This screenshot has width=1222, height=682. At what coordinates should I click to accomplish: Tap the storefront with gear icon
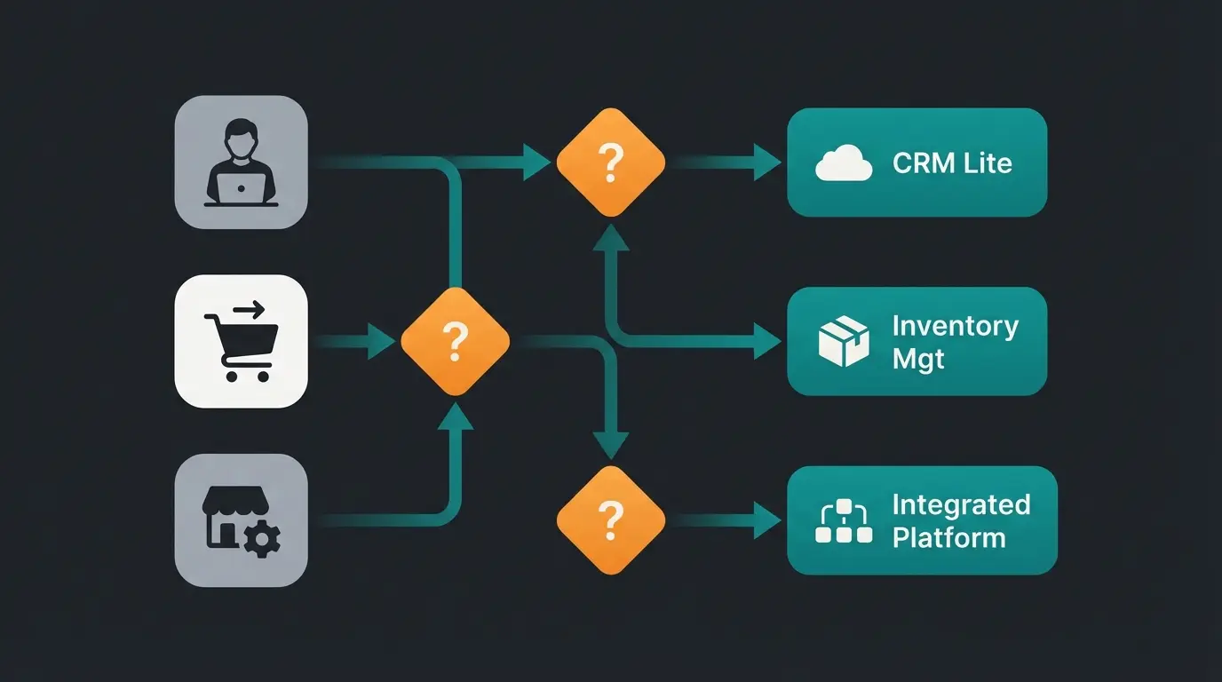[x=241, y=521]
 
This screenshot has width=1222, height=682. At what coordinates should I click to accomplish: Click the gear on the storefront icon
[x=262, y=538]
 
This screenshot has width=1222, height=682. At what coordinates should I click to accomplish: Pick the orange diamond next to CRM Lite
[x=610, y=163]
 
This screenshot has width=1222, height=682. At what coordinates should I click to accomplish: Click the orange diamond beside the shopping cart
[x=455, y=341]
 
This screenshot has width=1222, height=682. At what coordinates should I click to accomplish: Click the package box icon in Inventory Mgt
[x=843, y=343]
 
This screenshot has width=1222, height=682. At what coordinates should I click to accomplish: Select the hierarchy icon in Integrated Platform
[x=843, y=522]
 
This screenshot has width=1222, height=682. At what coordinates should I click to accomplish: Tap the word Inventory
[x=955, y=326]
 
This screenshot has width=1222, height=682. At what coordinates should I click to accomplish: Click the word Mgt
[x=918, y=360]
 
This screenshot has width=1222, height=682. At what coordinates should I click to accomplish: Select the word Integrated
[x=961, y=504]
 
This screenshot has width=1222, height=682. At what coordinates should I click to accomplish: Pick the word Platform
[x=948, y=538]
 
